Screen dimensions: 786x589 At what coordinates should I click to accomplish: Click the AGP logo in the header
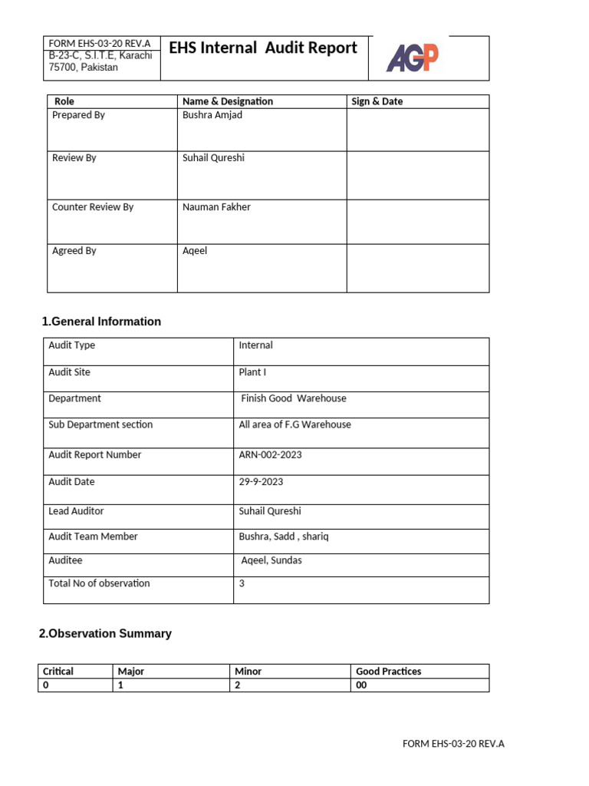[x=413, y=58]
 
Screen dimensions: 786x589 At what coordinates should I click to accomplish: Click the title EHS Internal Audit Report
[x=263, y=48]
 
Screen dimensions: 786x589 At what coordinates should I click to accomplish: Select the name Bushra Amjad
[x=212, y=115]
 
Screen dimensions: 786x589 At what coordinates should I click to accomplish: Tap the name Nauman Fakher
[x=216, y=207]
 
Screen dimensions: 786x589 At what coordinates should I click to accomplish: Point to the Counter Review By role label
[x=93, y=207]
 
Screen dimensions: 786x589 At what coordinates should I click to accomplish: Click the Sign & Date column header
[x=377, y=101]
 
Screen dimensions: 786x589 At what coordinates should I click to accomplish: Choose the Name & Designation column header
[x=228, y=101]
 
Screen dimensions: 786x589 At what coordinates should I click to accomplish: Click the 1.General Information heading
[x=101, y=322]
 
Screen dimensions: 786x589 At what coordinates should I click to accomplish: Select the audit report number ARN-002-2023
[x=270, y=455]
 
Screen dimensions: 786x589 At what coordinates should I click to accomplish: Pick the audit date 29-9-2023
[x=261, y=482]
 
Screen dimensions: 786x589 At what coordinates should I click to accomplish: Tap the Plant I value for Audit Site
[x=252, y=372]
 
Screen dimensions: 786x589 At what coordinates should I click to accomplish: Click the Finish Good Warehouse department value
[x=294, y=399]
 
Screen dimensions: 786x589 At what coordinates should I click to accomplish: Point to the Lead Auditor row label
[x=76, y=511]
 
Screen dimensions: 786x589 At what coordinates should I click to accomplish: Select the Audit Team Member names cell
[x=283, y=537]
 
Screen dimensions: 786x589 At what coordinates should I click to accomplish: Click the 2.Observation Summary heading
[x=105, y=634]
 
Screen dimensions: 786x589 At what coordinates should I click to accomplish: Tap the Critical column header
[x=58, y=672]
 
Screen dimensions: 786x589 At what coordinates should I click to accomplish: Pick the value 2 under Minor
[x=238, y=685]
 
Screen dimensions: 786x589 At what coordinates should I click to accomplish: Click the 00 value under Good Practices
[x=361, y=685]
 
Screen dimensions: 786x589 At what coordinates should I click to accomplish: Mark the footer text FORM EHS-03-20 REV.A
[x=453, y=744]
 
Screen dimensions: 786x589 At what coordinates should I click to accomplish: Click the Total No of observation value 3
[x=242, y=583]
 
